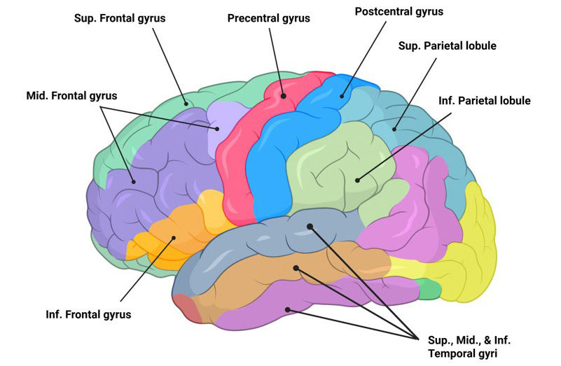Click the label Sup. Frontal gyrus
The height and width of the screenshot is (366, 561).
(x=120, y=17)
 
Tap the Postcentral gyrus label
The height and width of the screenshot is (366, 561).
(x=399, y=12)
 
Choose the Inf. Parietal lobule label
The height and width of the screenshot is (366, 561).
(x=485, y=101)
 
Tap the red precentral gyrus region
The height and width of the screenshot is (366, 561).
(x=238, y=154)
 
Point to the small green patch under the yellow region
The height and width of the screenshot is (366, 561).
(x=429, y=288)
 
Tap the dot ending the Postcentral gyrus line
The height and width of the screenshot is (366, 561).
(x=343, y=96)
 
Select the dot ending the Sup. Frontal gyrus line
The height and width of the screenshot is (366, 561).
(x=187, y=104)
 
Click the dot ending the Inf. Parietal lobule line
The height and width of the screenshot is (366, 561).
(x=357, y=180)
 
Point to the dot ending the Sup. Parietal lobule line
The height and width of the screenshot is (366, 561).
(x=396, y=128)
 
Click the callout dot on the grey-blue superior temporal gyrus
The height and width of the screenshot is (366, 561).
(x=310, y=225)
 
